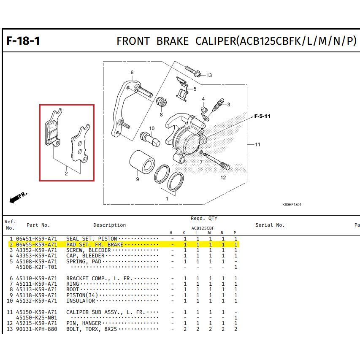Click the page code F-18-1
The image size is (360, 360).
point(23,41)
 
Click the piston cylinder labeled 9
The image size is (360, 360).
point(142,162)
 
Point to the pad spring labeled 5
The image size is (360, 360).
point(182,89)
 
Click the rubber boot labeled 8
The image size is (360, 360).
point(161,102)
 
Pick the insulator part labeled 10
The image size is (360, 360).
point(150,139)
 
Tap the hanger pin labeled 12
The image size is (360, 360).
point(217,162)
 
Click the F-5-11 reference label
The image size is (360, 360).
point(262,116)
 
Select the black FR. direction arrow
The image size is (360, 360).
point(15,199)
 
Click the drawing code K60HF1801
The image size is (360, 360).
point(292,205)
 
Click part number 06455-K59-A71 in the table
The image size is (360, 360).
point(36,244)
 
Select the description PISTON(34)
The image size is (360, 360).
point(82,295)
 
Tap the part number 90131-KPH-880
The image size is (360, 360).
point(36,329)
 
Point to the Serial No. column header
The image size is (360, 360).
point(270,225)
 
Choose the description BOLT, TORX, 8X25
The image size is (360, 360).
point(92,329)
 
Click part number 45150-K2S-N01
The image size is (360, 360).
point(36,318)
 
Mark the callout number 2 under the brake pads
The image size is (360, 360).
point(66,173)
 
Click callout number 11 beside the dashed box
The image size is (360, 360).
point(257,144)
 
